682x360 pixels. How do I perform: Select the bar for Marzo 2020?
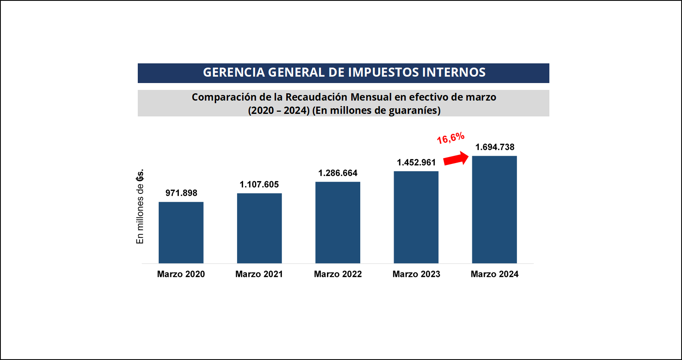coord(181,232)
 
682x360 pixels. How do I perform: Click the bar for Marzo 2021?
coord(259,228)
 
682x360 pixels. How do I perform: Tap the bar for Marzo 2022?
coord(338,223)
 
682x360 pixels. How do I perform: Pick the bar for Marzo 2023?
coord(416,217)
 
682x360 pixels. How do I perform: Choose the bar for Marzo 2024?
coord(494,209)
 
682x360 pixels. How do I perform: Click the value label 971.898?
coord(181,193)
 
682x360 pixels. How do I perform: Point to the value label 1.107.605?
coord(259,184)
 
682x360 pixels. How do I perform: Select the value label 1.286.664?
coord(338,173)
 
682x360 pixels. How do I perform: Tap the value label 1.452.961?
coord(416,162)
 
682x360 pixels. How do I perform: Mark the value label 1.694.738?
coord(495,147)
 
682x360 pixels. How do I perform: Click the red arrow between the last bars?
coord(456,158)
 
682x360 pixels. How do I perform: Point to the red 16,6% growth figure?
coord(451,138)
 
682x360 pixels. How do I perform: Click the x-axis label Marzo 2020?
coord(181,274)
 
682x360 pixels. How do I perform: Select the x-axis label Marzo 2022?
coord(338,274)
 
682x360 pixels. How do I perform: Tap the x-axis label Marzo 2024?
coord(495,274)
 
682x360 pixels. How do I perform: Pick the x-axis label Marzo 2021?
coord(259,274)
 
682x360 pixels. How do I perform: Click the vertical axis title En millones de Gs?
coord(140,207)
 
